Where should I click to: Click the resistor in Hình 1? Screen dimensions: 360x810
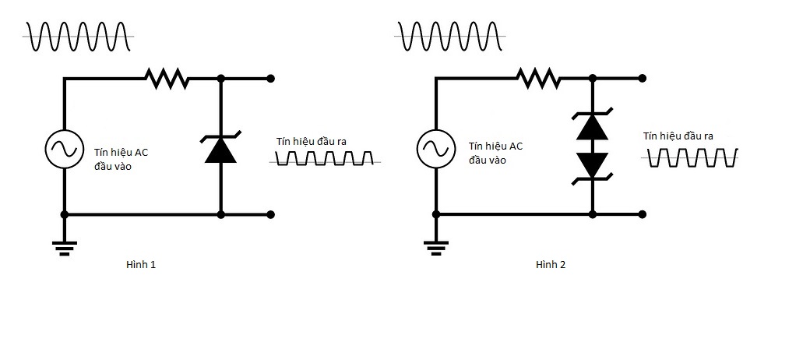(166, 78)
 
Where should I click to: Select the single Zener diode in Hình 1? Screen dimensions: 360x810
(220, 149)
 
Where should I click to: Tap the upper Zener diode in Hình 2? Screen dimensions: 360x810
(593, 126)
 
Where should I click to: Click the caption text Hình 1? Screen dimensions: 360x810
(141, 265)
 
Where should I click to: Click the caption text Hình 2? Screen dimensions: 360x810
(551, 265)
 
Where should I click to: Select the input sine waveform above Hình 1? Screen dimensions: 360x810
(78, 36)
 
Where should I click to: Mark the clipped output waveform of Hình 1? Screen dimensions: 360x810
(325, 160)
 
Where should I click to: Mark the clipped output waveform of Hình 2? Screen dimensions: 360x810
(692, 158)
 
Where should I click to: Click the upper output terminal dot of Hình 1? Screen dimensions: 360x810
(270, 78)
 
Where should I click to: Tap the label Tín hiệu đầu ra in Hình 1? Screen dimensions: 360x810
(311, 141)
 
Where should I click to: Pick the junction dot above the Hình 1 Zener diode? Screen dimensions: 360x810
(220, 78)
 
